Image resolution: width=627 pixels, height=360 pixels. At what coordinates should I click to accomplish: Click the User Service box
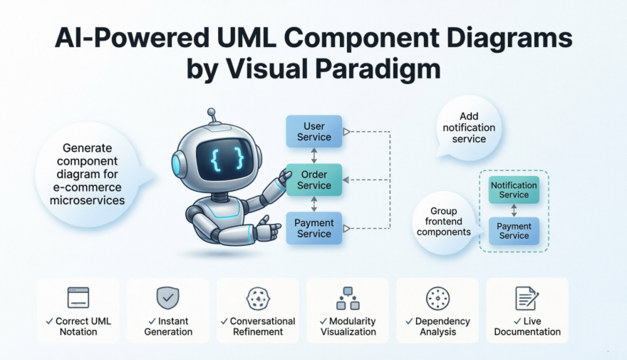[x=313, y=132]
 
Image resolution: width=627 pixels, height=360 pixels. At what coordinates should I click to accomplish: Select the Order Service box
[x=313, y=180]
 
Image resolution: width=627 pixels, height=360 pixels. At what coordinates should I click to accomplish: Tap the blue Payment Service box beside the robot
[x=313, y=229]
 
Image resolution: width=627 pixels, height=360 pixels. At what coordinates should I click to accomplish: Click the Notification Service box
[x=514, y=190]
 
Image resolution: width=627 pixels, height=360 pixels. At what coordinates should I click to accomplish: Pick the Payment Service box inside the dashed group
[x=514, y=231]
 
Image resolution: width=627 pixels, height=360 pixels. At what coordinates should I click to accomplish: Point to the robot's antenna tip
[x=211, y=112]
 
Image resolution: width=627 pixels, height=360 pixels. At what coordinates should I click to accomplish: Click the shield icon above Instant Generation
[x=168, y=297]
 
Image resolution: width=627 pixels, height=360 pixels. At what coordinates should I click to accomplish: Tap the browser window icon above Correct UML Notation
[x=78, y=297]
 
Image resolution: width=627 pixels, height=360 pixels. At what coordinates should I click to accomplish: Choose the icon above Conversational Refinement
[x=257, y=298]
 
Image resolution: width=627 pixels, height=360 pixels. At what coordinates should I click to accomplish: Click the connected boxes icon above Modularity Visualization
[x=347, y=298]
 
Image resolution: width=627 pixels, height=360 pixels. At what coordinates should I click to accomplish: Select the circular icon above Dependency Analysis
[x=437, y=298]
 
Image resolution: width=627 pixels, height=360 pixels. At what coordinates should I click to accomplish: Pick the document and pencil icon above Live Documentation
[x=527, y=298]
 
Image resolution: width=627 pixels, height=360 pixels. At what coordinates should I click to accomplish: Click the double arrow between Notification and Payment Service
[x=514, y=210]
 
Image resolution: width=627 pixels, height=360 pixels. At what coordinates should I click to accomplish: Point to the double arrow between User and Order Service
[x=313, y=156]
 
